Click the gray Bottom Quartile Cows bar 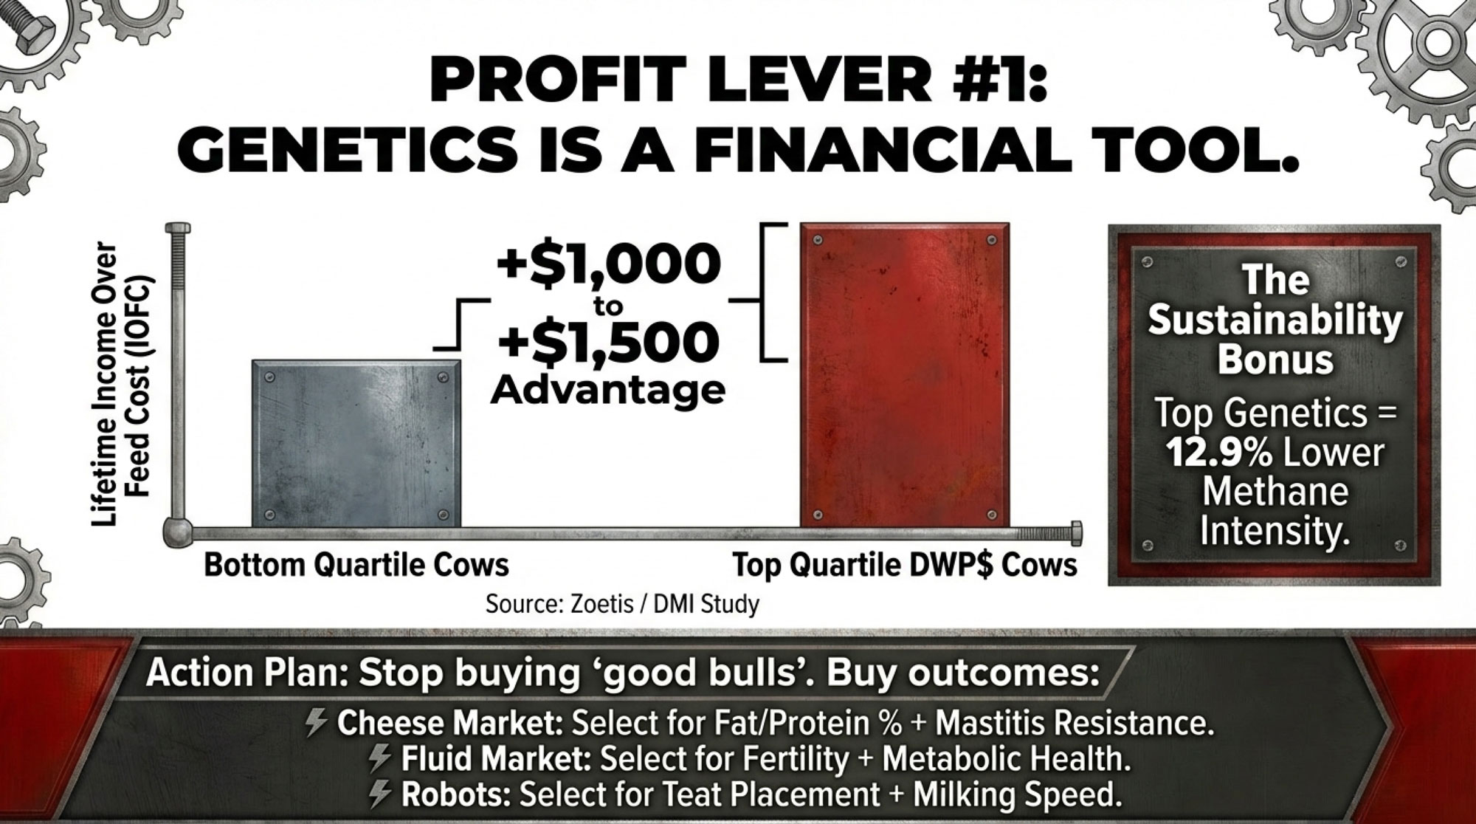356,444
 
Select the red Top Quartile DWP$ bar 905,375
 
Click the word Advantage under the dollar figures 607,389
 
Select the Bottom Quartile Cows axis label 356,566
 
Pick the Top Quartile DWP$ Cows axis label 905,566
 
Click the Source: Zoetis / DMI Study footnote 622,604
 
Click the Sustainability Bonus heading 1275,320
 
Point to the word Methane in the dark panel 1275,491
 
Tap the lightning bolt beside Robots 380,794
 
